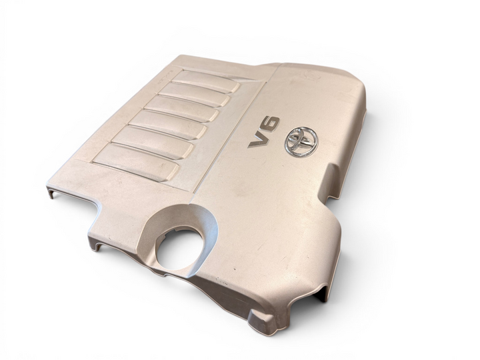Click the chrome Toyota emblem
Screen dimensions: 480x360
(301, 143)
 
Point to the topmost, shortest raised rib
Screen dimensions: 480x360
(205, 81)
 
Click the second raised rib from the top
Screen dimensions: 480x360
(194, 94)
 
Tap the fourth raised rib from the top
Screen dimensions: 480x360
(167, 124)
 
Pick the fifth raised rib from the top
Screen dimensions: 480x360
(153, 142)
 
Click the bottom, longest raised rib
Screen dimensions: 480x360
(136, 161)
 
